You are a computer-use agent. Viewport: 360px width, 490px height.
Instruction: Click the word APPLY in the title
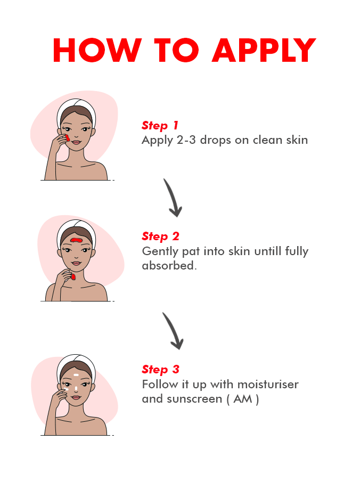(x=264, y=50)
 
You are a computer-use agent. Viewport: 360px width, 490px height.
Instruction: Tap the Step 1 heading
(x=160, y=126)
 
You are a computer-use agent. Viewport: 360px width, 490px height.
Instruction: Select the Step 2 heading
(x=160, y=236)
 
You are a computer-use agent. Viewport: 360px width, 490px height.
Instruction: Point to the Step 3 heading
(x=160, y=370)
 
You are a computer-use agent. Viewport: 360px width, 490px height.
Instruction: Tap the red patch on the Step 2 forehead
(x=76, y=240)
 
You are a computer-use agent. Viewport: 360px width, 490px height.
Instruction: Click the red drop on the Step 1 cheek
(x=67, y=137)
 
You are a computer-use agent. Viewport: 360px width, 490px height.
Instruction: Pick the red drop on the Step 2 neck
(x=73, y=276)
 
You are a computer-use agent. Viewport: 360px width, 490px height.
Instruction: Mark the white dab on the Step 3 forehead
(x=76, y=374)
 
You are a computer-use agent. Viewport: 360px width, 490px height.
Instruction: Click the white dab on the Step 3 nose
(x=76, y=389)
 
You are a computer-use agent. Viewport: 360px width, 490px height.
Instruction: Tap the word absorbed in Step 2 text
(x=169, y=266)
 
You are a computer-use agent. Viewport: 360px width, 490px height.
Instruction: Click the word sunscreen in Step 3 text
(x=194, y=399)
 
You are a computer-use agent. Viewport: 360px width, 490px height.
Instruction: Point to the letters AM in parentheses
(x=243, y=399)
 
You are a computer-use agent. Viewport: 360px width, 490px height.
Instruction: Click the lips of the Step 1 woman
(x=76, y=142)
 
